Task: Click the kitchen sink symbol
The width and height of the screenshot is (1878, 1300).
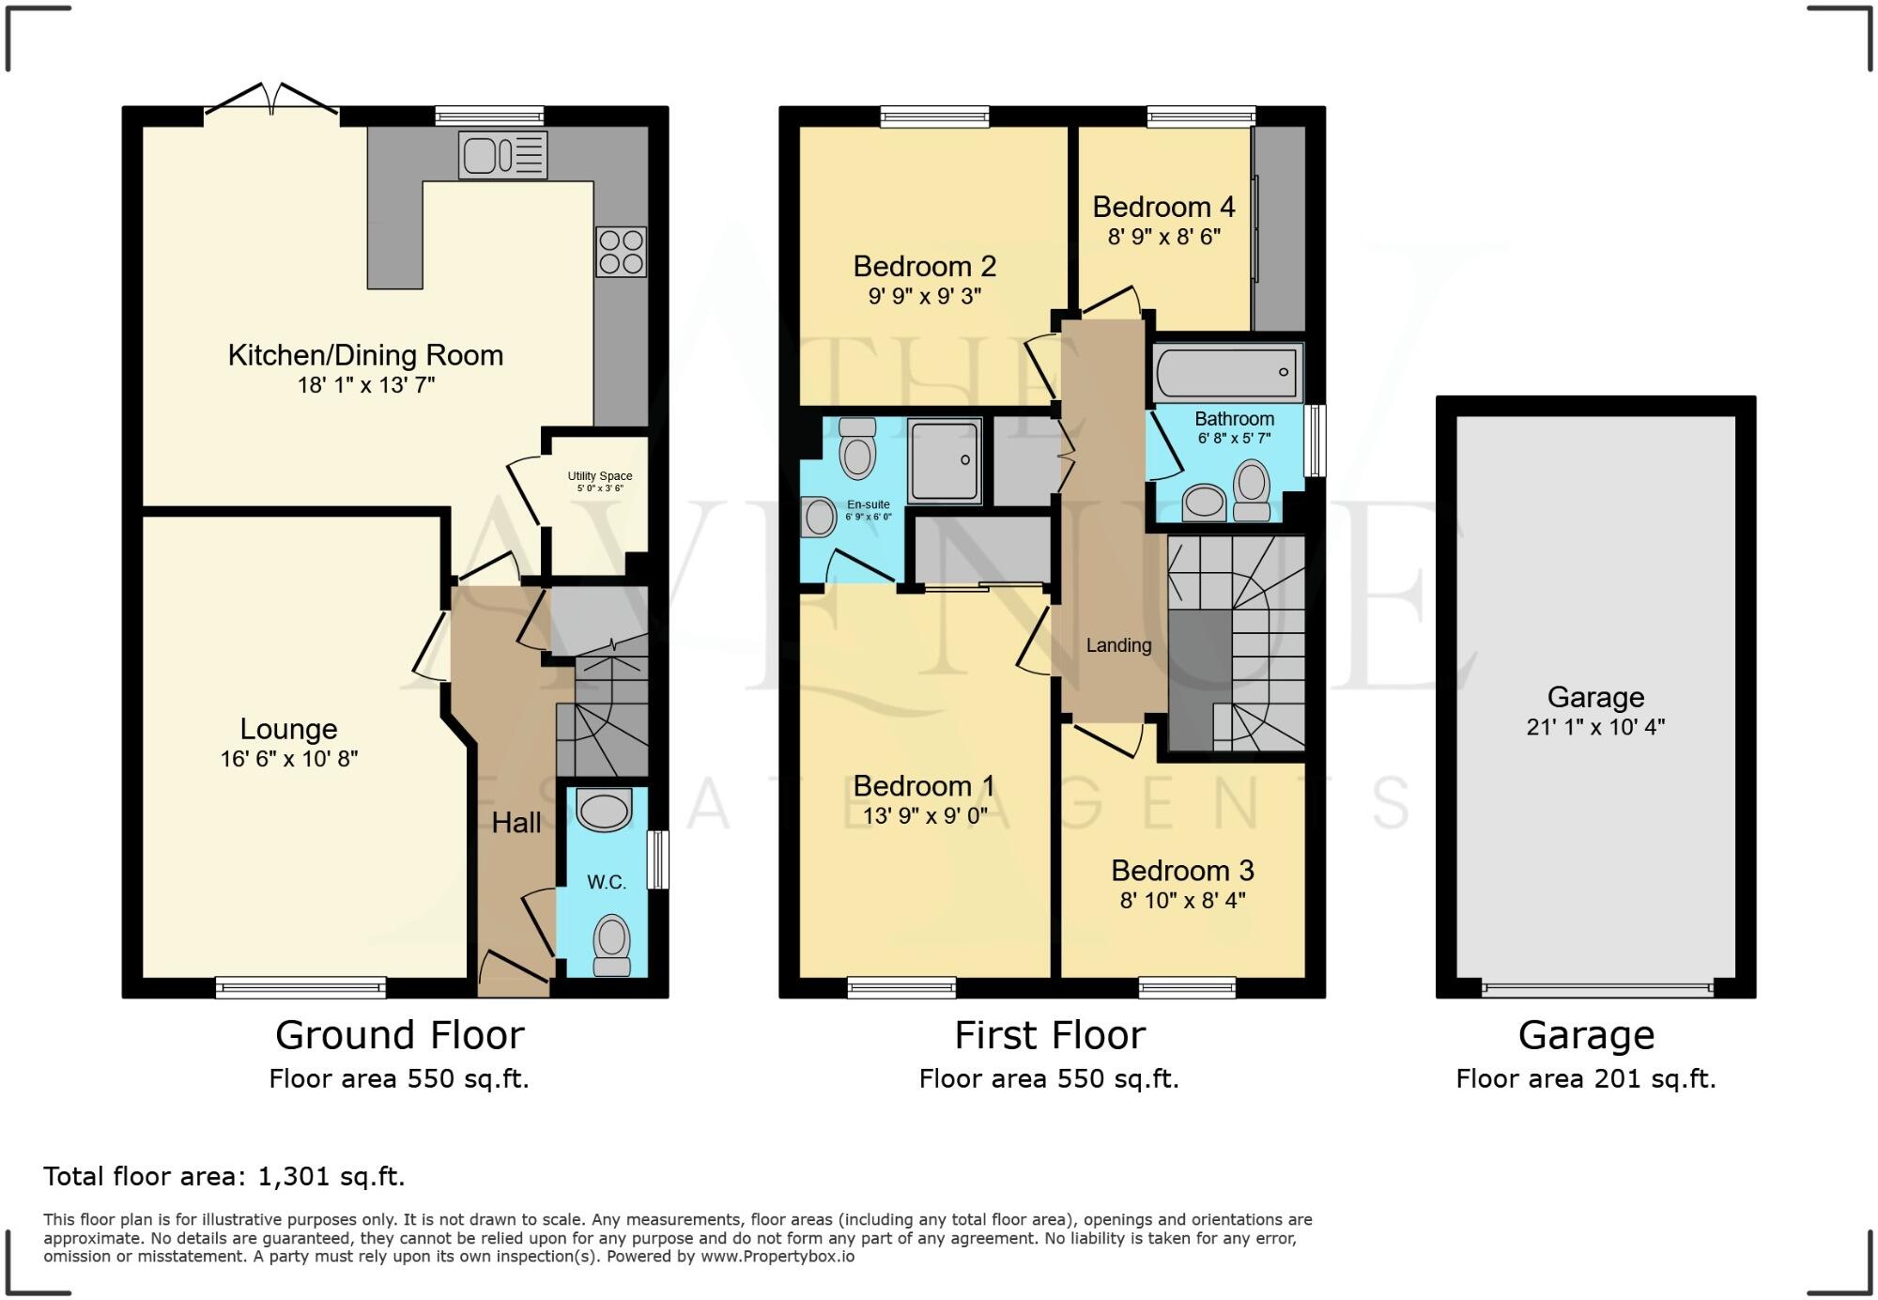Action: [502, 155]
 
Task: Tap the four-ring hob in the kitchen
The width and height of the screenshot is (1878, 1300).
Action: [621, 252]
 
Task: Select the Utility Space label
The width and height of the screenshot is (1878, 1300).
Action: [600, 476]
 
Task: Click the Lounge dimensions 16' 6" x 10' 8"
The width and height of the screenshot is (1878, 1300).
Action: [289, 759]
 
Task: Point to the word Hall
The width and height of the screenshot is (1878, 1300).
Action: [516, 823]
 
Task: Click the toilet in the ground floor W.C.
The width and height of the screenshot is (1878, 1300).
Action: [612, 946]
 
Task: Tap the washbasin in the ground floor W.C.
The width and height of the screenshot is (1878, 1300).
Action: [602, 810]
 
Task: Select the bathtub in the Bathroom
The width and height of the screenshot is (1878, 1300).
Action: [1227, 373]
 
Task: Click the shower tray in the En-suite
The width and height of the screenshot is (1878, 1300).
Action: [945, 460]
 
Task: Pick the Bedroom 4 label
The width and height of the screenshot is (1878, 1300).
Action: [1163, 207]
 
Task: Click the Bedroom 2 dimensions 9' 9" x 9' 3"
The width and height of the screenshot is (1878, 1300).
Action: [924, 297]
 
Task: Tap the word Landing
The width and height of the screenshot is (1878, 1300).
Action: [1118, 645]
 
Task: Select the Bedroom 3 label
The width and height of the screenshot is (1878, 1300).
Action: [1182, 871]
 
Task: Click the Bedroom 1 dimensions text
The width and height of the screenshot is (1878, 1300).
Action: [925, 816]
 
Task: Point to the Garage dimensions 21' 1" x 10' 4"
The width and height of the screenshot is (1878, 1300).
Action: [1595, 726]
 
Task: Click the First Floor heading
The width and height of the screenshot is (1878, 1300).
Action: [1050, 1036]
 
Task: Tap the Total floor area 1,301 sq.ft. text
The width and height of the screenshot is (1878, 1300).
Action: [223, 1176]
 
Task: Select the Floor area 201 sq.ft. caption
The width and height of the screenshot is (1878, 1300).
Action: [1585, 1079]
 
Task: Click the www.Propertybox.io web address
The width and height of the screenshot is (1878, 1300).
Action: [777, 1257]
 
